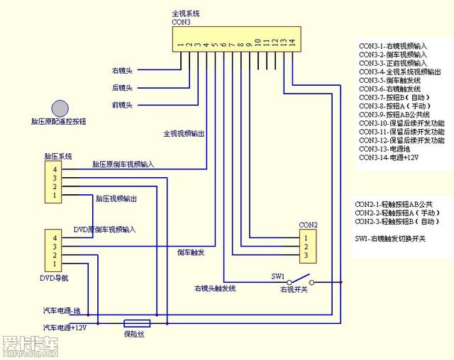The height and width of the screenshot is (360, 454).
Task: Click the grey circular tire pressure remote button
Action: pos(60,108)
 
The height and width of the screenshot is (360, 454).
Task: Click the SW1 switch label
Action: pos(279,275)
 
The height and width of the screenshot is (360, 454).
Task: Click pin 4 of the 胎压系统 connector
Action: pos(52,169)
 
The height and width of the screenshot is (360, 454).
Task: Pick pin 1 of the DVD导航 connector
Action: pos(52,264)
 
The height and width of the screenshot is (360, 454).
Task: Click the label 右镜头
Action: pos(122,71)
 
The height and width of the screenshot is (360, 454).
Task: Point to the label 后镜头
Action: pos(122,88)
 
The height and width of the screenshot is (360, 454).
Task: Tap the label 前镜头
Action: pos(122,106)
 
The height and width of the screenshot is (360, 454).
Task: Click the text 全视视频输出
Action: pos(184,133)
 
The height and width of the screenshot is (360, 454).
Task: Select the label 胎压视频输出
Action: pos(116,198)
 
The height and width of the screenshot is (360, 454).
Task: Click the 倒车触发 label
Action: pos(191,252)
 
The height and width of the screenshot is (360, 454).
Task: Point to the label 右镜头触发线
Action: pos(215,288)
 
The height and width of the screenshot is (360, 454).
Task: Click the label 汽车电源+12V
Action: pos(65,327)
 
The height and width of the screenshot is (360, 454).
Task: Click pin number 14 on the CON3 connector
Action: pos(292,43)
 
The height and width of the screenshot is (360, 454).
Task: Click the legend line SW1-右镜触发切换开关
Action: pos(390,239)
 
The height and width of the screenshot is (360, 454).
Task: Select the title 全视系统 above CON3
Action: pos(186,13)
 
